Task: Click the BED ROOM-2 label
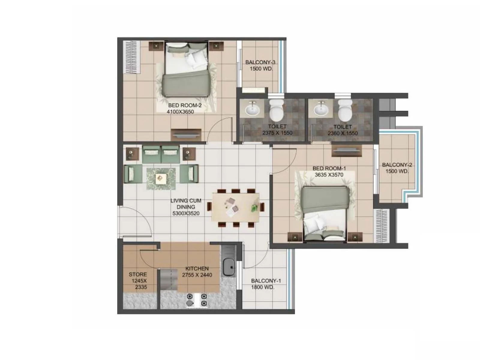(185, 105)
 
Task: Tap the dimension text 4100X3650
(180, 112)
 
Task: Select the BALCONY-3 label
(260, 62)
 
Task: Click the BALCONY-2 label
(397, 165)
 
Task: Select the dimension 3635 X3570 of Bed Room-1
(329, 175)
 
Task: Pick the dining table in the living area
(236, 207)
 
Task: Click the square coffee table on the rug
(161, 179)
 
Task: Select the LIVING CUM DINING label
(186, 204)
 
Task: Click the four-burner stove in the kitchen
(197, 300)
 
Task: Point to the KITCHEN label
(197, 268)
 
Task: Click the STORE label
(138, 274)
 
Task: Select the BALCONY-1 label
(266, 281)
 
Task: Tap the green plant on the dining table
(255, 207)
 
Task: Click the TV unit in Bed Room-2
(186, 135)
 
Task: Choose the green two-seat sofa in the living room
(161, 154)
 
